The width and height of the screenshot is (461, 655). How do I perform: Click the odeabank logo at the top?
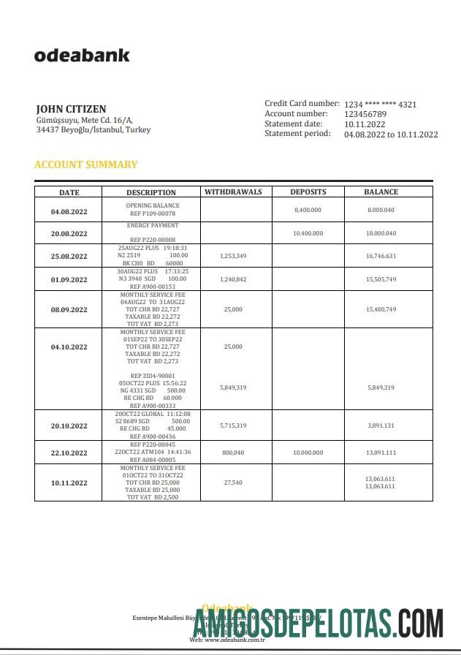coord(82,55)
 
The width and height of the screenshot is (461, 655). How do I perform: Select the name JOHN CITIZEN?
coord(71,109)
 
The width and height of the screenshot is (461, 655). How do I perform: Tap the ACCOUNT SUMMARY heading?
coord(85,164)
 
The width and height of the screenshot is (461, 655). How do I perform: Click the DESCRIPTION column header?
coord(151,192)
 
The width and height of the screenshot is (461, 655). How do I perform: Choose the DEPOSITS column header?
coord(308,192)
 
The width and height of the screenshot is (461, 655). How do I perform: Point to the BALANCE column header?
coord(381,192)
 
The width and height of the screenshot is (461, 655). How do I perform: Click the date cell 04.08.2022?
coord(69,211)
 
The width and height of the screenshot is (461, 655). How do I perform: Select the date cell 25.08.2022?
coord(69,256)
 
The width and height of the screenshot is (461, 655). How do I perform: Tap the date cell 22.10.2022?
coord(69,452)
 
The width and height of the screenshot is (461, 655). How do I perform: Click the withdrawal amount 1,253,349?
coord(233,256)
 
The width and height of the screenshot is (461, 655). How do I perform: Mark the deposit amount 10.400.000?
coord(308,233)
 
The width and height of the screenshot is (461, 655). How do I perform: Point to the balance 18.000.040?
coord(381,233)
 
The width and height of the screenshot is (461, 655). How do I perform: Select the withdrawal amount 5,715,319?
coord(233,425)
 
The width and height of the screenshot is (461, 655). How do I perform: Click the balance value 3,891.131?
coord(381,425)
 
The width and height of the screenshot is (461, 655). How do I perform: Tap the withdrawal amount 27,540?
coord(233,482)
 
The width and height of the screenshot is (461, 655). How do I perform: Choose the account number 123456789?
coord(365,114)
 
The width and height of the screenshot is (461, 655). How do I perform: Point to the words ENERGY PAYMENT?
coord(152,226)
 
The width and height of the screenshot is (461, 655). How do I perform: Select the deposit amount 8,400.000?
coord(308,210)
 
